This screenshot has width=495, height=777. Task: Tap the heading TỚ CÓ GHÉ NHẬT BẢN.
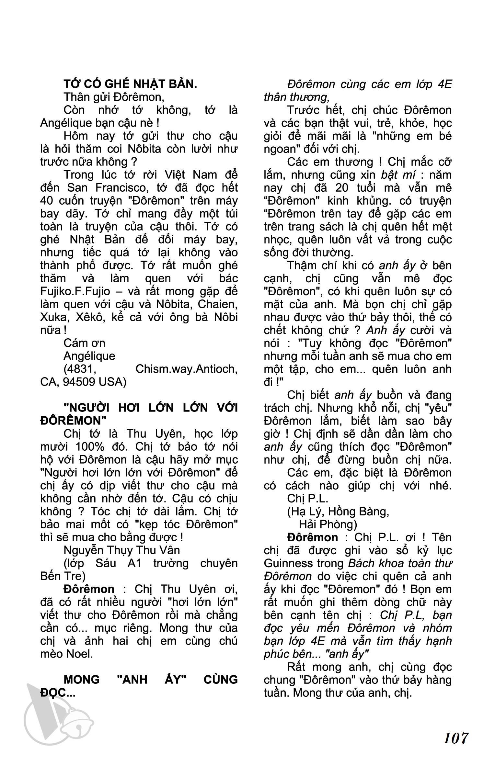click(130, 84)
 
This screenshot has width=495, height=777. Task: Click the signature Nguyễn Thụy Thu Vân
click(121, 550)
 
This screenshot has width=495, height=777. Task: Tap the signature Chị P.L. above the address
click(307, 499)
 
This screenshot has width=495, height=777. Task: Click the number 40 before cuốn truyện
click(47, 201)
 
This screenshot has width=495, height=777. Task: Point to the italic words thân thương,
click(296, 97)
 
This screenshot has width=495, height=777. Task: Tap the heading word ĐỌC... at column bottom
click(58, 693)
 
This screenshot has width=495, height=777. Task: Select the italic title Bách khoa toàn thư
click(400, 563)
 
